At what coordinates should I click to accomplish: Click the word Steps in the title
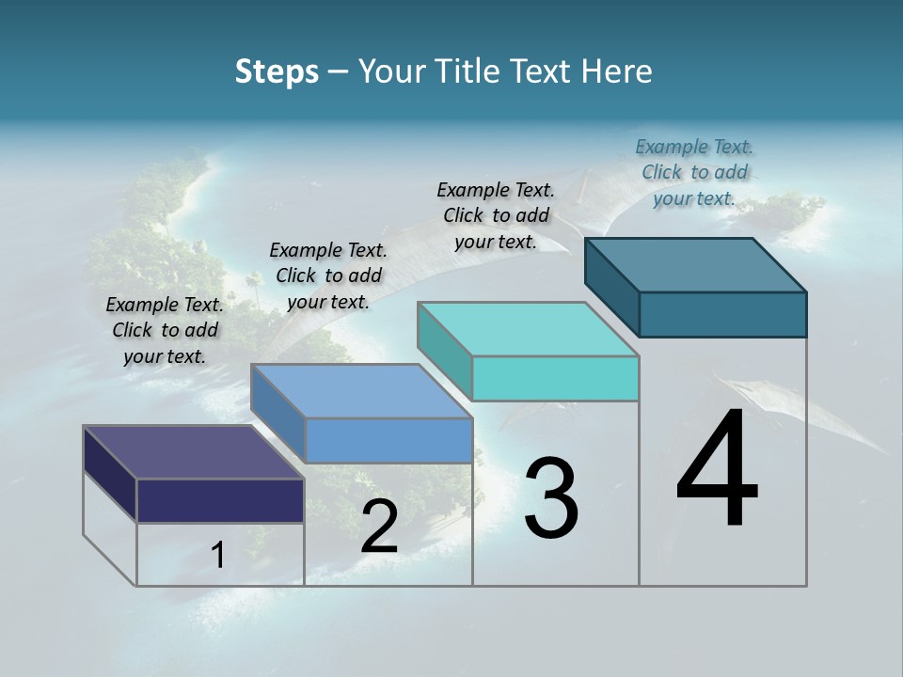(x=277, y=71)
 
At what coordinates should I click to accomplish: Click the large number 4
(x=718, y=470)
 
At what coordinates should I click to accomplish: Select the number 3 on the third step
(x=551, y=499)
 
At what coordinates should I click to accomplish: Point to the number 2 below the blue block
(x=379, y=527)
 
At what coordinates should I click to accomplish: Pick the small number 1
(x=218, y=556)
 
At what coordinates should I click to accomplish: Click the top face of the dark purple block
(x=194, y=452)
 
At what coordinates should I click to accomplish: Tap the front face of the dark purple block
(x=220, y=500)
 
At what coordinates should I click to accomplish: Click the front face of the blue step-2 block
(x=388, y=440)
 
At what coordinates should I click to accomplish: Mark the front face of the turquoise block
(x=555, y=378)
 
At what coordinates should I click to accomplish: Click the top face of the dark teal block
(x=696, y=264)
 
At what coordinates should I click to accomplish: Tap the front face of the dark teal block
(x=722, y=314)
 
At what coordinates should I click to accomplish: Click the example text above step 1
(x=165, y=330)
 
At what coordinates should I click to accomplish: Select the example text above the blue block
(x=328, y=276)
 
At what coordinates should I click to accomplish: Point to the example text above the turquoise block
(x=496, y=215)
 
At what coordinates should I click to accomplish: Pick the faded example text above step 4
(x=694, y=172)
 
